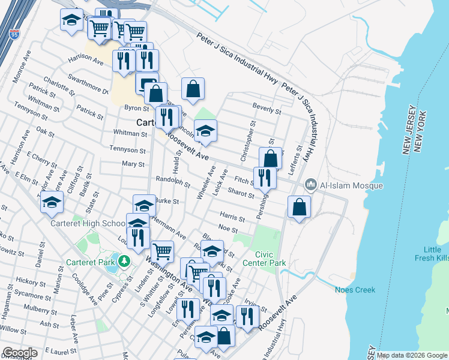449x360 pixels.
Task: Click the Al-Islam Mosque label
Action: [351, 185]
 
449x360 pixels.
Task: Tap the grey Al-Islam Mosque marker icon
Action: [311, 185]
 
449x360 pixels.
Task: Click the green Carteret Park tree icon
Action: [124, 261]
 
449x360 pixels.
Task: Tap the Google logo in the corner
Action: [20, 353]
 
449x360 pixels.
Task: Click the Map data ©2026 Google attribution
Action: [412, 355]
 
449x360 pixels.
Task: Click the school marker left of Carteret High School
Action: [52, 203]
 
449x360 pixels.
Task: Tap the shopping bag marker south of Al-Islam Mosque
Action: [299, 208]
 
